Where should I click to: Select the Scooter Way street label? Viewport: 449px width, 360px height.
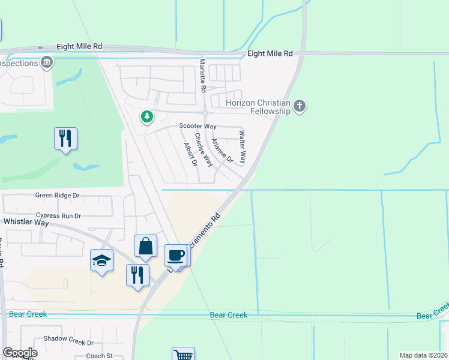tap(197, 126)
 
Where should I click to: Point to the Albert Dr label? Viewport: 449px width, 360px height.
tap(191, 154)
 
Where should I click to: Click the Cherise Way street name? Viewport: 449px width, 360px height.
tap(203, 150)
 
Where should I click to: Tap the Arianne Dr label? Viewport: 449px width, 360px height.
tap(221, 150)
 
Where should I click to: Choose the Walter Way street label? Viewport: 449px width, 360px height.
tap(243, 148)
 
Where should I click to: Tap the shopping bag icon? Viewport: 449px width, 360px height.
tap(145, 245)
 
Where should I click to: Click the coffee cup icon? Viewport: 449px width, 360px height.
tap(175, 255)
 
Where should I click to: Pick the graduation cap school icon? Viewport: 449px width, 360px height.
tap(101, 260)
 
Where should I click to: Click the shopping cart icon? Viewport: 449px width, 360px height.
tap(183, 354)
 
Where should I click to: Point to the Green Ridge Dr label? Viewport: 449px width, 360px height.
tap(58, 196)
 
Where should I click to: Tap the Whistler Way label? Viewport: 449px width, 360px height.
tap(26, 222)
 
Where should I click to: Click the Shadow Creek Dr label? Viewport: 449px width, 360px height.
tap(73, 343)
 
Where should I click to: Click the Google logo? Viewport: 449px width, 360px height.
tap(20, 353)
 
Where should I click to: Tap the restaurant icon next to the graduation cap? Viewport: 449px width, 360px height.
tap(137, 275)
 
